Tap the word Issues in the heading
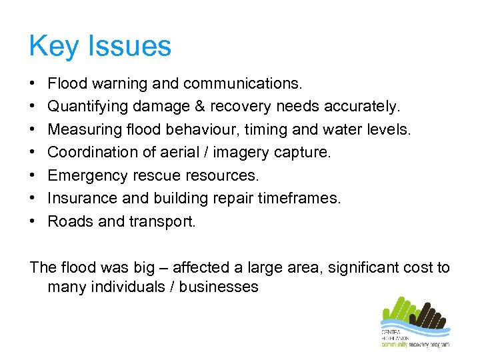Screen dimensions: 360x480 coord(129,47)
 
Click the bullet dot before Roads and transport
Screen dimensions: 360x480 coord(33,221)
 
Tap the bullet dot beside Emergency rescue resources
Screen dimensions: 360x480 coord(33,175)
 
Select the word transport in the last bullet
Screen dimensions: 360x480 coord(167,221)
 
